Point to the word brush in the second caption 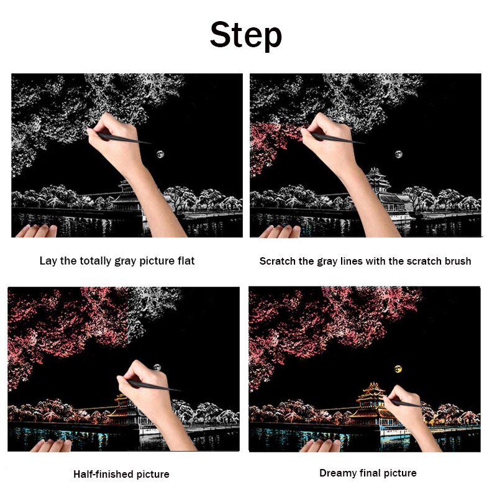pos(458,261)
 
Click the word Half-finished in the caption pos(104,474)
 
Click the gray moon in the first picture pos(160,154)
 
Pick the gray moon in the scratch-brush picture pos(398,154)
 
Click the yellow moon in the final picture pos(398,368)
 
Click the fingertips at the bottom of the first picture pos(37,230)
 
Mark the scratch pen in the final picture pos(406,403)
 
